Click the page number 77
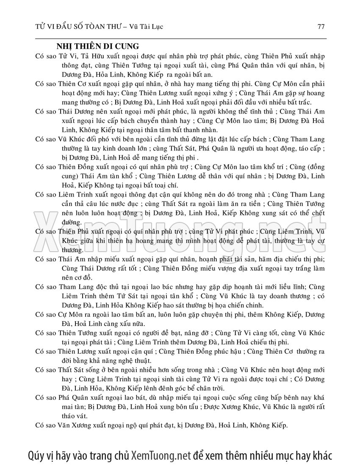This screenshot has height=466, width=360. tap(321, 27)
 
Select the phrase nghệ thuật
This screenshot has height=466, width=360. tap(132, 361)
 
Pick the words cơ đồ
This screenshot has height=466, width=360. tap(78, 277)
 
